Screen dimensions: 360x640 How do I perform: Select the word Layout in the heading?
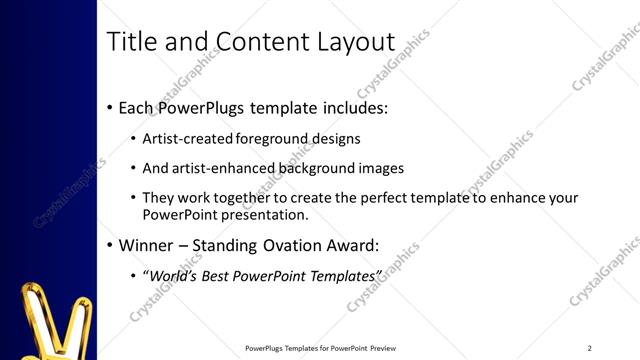pos(356,42)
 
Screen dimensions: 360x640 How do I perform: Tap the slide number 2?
pos(590,348)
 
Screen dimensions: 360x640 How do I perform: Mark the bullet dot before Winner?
pos(110,245)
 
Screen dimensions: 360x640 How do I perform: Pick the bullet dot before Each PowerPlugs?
pos(110,107)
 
